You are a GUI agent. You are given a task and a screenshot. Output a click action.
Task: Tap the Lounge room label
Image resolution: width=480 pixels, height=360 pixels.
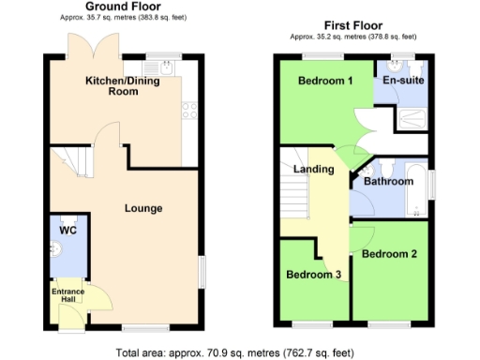pyautogui.click(x=143, y=207)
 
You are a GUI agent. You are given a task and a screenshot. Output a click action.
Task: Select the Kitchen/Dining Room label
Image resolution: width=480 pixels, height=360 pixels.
pyautogui.click(x=123, y=87)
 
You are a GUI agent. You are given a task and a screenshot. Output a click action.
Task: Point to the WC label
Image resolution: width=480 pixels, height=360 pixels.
pyautogui.click(x=66, y=230)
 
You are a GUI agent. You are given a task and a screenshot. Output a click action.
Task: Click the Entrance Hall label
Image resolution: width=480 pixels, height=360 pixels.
pyautogui.click(x=67, y=298)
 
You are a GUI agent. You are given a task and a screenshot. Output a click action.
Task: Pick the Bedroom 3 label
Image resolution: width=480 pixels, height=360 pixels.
pyautogui.click(x=312, y=274)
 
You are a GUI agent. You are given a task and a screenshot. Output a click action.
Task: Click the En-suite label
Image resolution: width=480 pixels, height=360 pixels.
pyautogui.click(x=404, y=81)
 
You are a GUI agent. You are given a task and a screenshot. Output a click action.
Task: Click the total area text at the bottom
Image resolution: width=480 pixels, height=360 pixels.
pyautogui.click(x=234, y=352)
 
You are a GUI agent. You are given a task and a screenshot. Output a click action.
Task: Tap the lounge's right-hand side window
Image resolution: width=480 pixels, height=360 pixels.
pyautogui.click(x=200, y=272)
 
